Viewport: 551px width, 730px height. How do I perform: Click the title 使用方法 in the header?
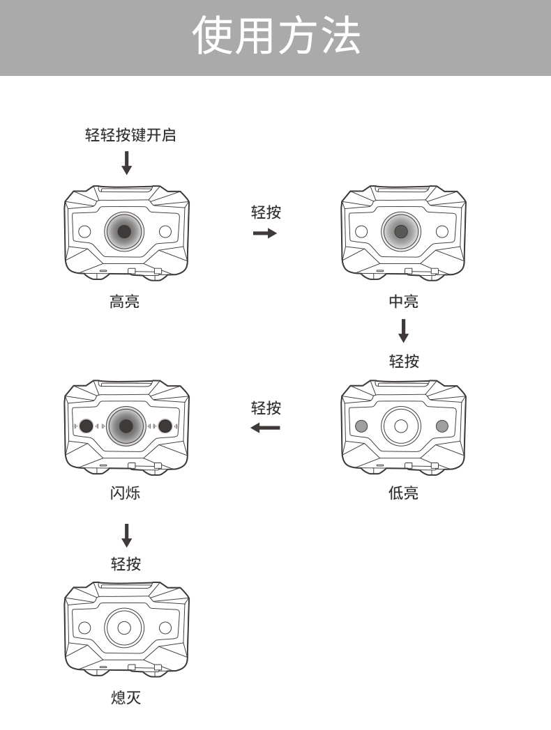click(277, 36)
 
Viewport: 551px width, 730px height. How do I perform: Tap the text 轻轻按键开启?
click(130, 135)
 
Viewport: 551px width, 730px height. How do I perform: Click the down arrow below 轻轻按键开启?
click(126, 162)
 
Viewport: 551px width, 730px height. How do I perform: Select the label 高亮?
click(125, 302)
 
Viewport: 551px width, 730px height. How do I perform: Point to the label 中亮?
click(403, 302)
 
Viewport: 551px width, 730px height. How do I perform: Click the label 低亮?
click(403, 493)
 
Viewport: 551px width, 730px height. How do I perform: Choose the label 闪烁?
click(126, 493)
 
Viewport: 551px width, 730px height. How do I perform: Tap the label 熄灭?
click(126, 697)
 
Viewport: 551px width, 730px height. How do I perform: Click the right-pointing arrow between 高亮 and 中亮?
click(265, 233)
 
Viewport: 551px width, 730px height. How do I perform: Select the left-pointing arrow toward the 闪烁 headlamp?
click(265, 427)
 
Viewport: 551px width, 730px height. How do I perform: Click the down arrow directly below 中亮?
click(403, 330)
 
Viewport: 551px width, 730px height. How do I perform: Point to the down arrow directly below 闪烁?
click(126, 534)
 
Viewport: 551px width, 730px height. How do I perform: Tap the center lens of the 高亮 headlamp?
click(124, 232)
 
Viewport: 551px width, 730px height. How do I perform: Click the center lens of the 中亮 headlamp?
click(401, 232)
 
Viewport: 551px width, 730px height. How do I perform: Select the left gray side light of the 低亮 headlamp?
click(361, 426)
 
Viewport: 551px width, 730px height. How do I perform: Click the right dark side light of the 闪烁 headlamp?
click(166, 426)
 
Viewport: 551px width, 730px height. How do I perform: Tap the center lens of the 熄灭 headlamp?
click(124, 627)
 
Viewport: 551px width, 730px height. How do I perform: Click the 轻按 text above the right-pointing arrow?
click(266, 212)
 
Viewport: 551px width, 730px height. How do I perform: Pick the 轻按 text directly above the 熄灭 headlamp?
click(126, 564)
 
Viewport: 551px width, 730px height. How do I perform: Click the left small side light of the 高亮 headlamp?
click(84, 232)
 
